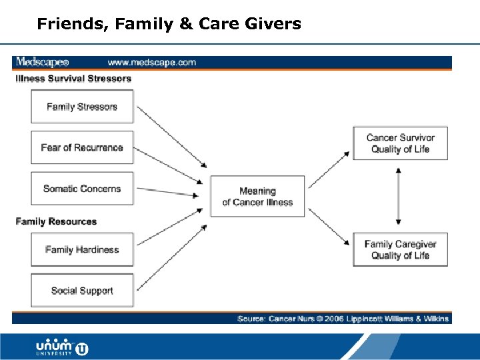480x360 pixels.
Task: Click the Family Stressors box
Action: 82,107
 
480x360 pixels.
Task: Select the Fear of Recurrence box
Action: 82,147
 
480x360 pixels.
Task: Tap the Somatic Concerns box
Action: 82,189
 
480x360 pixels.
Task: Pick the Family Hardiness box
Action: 82,249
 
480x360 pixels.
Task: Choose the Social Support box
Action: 82,291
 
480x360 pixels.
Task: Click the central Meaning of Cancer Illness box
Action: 257,196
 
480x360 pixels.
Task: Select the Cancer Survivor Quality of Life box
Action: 400,143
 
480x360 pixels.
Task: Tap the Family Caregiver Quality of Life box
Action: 400,249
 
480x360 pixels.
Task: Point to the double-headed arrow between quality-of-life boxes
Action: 399,196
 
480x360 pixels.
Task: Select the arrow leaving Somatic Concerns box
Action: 167,192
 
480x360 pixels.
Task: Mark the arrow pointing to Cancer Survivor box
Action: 329,169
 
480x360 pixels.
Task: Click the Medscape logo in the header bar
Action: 42,63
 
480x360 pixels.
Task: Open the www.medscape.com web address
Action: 152,63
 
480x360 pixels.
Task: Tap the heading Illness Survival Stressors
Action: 73,79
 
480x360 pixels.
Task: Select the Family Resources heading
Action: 56,221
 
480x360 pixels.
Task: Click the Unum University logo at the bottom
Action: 61,348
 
